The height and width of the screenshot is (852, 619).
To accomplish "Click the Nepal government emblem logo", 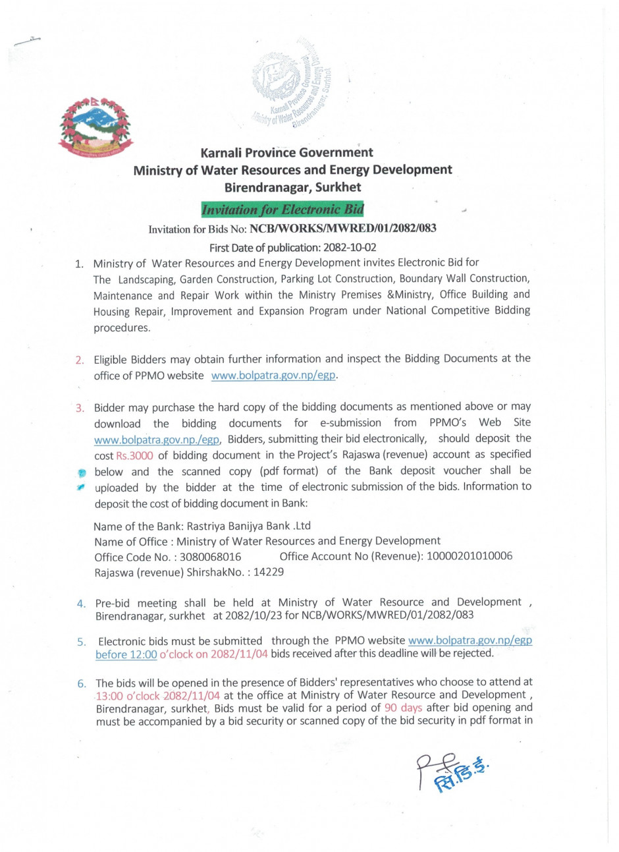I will [x=95, y=128].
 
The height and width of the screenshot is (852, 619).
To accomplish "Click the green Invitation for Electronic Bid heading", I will [x=283, y=210].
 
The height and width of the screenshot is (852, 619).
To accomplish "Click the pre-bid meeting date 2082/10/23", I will [x=254, y=615].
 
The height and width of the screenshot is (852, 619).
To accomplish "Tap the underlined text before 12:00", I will [x=126, y=654].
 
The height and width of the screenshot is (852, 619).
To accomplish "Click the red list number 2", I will [x=79, y=360].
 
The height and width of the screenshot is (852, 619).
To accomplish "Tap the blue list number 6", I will [x=81, y=683].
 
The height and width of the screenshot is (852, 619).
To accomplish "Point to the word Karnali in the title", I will [x=225, y=152].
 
